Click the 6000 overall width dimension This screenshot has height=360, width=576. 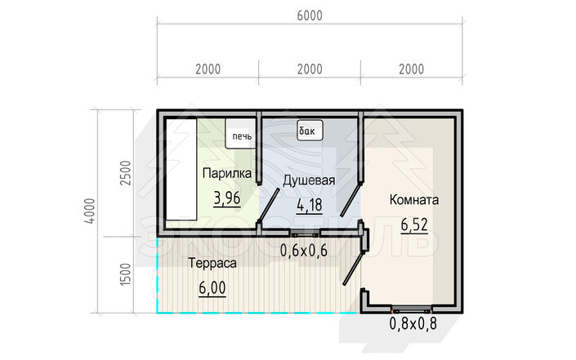pos(310,16)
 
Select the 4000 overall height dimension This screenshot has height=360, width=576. pos(90,211)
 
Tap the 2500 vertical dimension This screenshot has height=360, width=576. pos(126,173)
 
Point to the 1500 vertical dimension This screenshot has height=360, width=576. pos(126,274)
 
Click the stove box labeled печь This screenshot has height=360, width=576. pos(240,134)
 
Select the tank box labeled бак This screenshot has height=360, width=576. pos(310,131)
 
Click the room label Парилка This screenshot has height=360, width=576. pos(227,173)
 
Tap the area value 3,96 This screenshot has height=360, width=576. pos(227,198)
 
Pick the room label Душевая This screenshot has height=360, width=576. pos(309,180)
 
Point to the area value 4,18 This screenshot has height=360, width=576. pos(310,205)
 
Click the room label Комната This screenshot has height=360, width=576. pos(414,200)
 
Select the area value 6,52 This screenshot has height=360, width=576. pos(414,224)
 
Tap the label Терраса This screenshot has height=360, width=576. pos(212,263)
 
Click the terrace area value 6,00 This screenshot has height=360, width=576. pos(212,288)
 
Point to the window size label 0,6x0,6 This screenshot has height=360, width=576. pos(304,251)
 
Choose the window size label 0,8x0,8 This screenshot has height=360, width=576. pos(413,323)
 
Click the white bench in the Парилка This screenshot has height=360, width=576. pos(181,170)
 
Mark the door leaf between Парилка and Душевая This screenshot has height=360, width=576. pos(269,206)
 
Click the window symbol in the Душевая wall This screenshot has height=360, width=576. pos(304,233)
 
